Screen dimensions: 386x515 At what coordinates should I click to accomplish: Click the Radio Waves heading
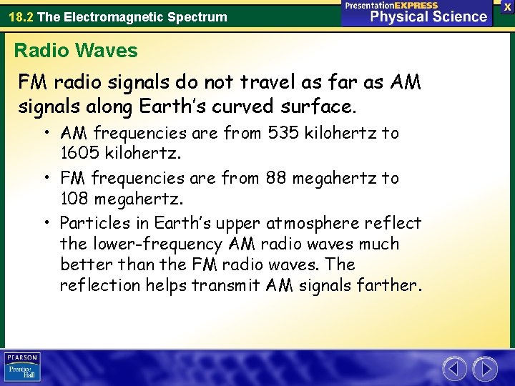click(76, 51)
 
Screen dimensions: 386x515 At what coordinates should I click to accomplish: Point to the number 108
click(75, 198)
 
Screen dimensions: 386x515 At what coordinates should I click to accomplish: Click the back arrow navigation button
click(455, 369)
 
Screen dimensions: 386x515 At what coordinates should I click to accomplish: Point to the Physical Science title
click(428, 17)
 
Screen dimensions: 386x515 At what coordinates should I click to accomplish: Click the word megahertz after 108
click(135, 198)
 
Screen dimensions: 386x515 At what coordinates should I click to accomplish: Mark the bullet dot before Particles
click(47, 223)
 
